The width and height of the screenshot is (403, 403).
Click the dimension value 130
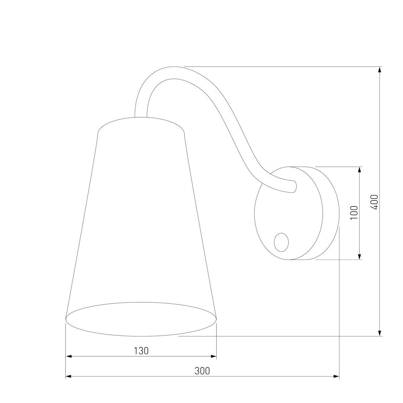(141, 351)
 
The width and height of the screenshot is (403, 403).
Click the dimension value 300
(202, 371)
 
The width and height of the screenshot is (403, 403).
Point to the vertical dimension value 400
(375, 202)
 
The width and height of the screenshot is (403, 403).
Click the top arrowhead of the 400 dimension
(379, 70)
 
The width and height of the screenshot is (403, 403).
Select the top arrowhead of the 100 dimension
(360, 170)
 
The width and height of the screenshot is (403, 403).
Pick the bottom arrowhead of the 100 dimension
(360, 257)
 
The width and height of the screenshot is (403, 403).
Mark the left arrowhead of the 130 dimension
(69, 356)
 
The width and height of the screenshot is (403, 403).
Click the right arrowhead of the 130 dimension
(213, 356)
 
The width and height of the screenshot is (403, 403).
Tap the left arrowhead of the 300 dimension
(69, 376)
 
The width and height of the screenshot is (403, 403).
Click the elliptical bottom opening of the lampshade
(141, 319)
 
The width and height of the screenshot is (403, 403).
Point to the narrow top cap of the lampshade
(141, 124)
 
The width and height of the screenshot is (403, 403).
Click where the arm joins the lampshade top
(141, 117)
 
